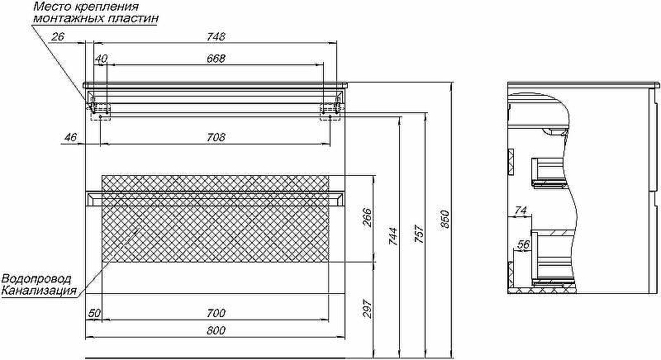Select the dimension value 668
[x=216, y=59]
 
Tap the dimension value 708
[x=216, y=137]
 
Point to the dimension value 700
[x=216, y=313]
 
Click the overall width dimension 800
[x=216, y=330]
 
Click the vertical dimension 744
[x=394, y=236]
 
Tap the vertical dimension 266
[x=369, y=217]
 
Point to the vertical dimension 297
[x=369, y=307]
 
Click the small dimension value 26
[x=58, y=36]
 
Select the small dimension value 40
[x=101, y=59]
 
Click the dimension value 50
[x=93, y=313]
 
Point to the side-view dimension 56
[x=522, y=244]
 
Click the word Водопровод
[x=36, y=279]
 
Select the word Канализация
[x=39, y=291]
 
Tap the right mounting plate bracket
[x=330, y=107]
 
